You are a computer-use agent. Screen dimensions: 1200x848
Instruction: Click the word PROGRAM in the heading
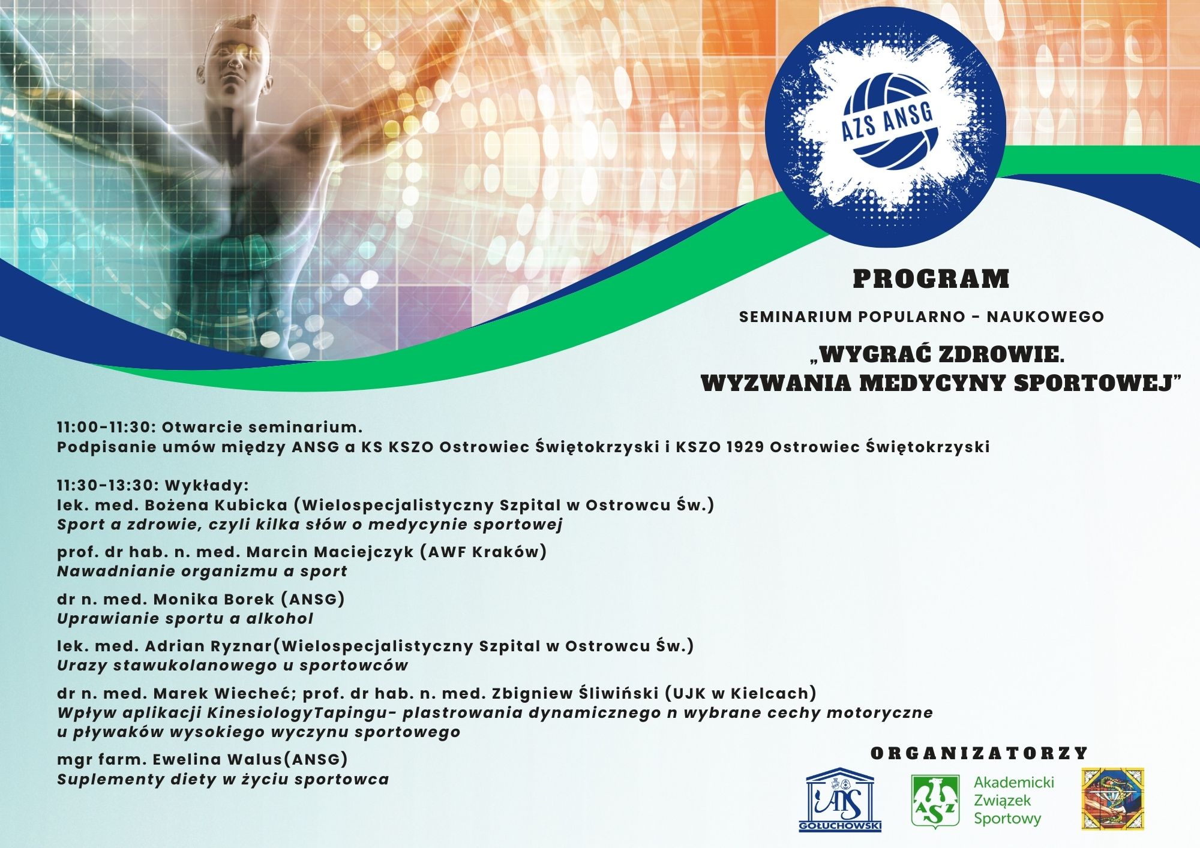pos(931,279)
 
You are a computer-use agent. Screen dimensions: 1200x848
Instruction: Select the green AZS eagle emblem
pos(935,802)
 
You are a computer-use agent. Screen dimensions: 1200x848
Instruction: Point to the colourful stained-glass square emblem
pos(1112,799)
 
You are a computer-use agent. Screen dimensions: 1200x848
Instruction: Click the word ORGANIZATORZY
pos(979,753)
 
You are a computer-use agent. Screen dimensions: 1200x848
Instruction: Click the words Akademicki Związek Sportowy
pos(1013,800)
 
